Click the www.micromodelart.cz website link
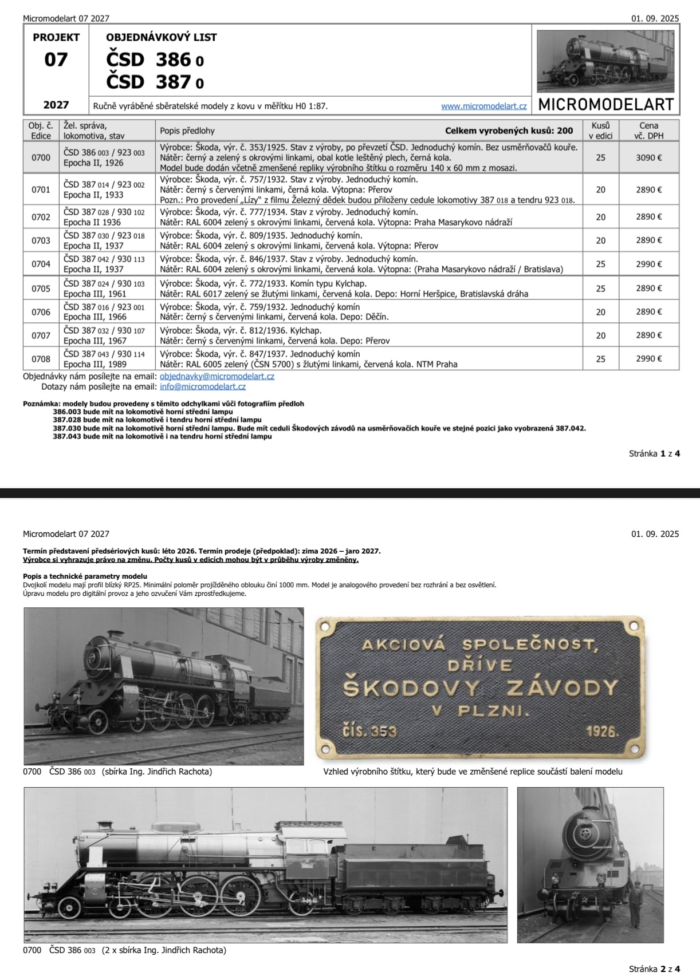[483, 106]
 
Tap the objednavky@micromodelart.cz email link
[217, 377]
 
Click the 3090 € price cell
[648, 157]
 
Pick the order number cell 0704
[41, 264]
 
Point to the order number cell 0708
[41, 359]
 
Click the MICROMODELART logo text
[606, 105]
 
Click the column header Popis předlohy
[187, 131]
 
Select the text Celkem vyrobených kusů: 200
[509, 131]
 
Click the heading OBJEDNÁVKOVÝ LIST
[162, 37]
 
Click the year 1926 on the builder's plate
[603, 732]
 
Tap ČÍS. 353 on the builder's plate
[369, 731]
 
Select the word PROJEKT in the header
[56, 37]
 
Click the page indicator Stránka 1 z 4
[654, 454]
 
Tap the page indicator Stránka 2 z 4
[654, 969]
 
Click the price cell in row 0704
[648, 264]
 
